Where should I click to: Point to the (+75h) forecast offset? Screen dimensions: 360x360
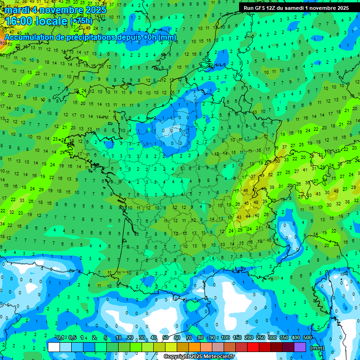(x=81, y=21)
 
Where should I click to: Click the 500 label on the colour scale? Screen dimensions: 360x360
(x=307, y=338)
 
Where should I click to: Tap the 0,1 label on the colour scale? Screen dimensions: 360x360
(x=60, y=338)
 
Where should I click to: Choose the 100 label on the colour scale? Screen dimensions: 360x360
(x=225, y=338)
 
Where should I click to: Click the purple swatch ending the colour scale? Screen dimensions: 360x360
(x=300, y=347)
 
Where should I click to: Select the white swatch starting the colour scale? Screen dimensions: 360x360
(x=54, y=347)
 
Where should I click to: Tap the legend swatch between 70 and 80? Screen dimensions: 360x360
(x=195, y=347)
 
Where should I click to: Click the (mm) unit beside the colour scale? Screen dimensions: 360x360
(x=317, y=348)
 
